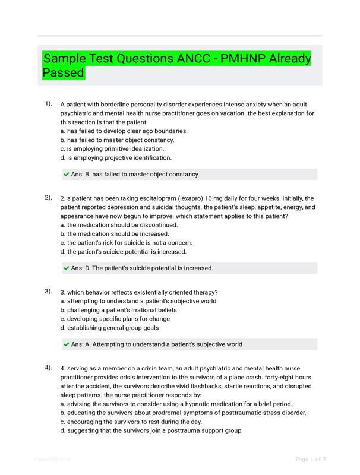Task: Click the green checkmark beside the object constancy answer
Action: pyautogui.click(x=66, y=175)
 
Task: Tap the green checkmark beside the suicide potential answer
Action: pyautogui.click(x=66, y=268)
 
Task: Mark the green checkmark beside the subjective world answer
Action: pyautogui.click(x=66, y=344)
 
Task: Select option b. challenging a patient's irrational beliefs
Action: pyautogui.click(x=118, y=310)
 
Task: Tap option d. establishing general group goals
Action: pyautogui.click(x=109, y=328)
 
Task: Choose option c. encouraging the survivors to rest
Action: pyautogui.click(x=131, y=422)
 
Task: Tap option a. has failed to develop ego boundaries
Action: pyautogui.click(x=124, y=131)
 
